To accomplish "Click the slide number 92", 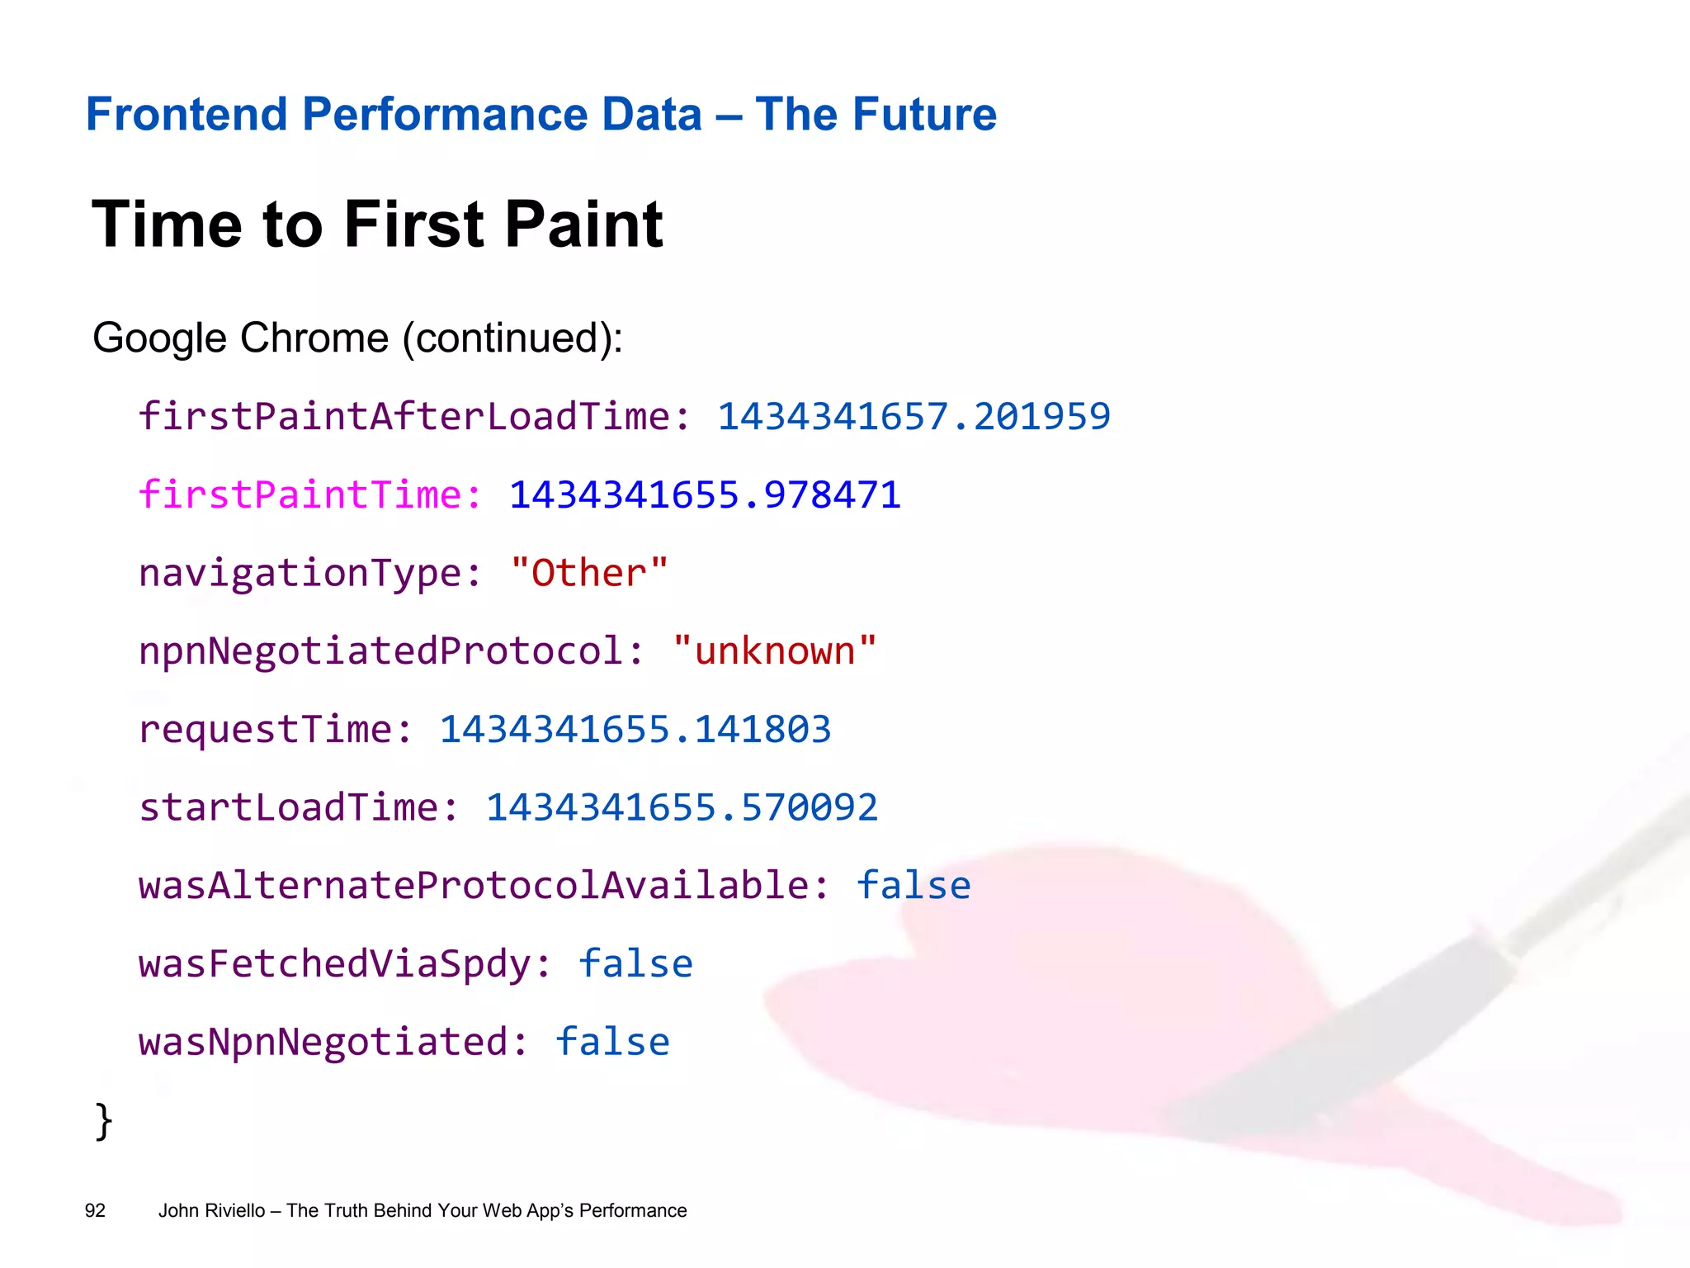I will coord(95,1211).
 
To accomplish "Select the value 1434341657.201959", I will coord(913,416).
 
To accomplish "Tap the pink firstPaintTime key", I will coord(309,495).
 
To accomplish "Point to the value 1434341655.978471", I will coord(705,495).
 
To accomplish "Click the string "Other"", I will coord(588,573).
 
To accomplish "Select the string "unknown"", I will coord(774,651).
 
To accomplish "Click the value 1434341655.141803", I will coord(635,730).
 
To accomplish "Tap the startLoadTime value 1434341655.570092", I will coord(682,807).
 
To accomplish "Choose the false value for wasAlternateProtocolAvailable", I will coord(913,886).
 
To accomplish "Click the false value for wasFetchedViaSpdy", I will coord(635,964).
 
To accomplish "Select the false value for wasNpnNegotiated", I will coord(612,1042).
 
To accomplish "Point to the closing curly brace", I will coord(104,1121).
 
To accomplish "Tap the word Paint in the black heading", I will coord(583,225).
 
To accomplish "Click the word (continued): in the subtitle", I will coord(512,338).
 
